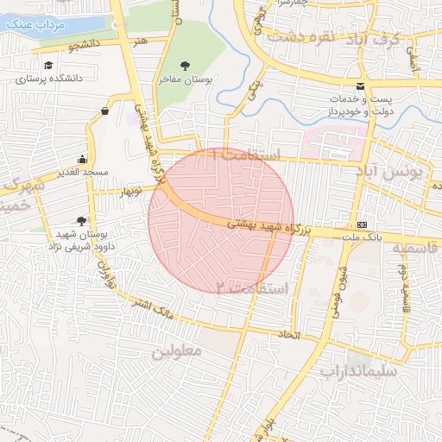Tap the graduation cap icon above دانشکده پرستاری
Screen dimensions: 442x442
[x=48, y=66]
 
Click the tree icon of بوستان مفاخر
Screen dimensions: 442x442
[x=186, y=66]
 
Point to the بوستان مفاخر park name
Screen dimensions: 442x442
[x=186, y=79]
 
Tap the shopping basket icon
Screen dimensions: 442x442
[x=105, y=110]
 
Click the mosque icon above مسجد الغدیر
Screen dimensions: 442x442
[x=82, y=159]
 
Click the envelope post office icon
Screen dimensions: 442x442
[x=360, y=86]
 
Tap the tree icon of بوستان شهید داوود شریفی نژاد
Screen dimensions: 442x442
[x=82, y=221]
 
